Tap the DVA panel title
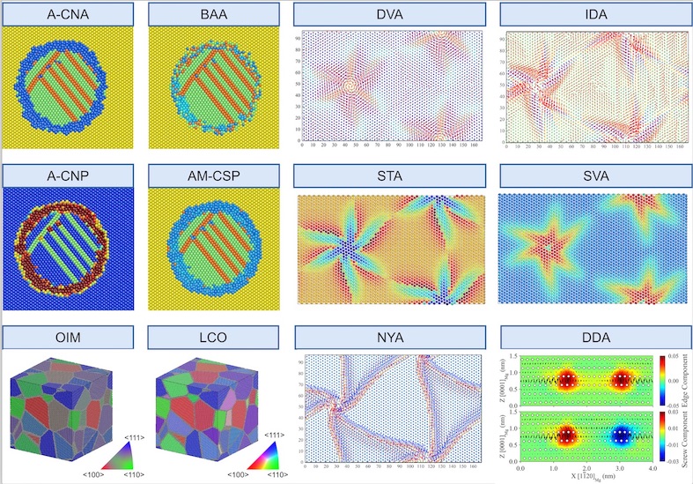[x=389, y=13]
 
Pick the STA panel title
[x=389, y=176]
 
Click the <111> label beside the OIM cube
[x=122, y=437]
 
